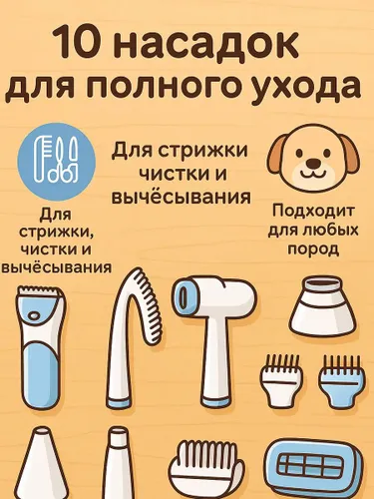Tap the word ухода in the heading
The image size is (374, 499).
coord(311,88)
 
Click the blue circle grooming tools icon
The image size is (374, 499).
coord(57,162)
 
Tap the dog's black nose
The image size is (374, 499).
coord(313,163)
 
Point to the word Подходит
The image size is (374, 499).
coord(313,212)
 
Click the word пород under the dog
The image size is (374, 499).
coord(313,249)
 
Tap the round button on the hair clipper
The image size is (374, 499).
coord(35,314)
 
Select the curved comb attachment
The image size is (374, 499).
coord(135,337)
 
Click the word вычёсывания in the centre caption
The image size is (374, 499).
coord(181,197)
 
